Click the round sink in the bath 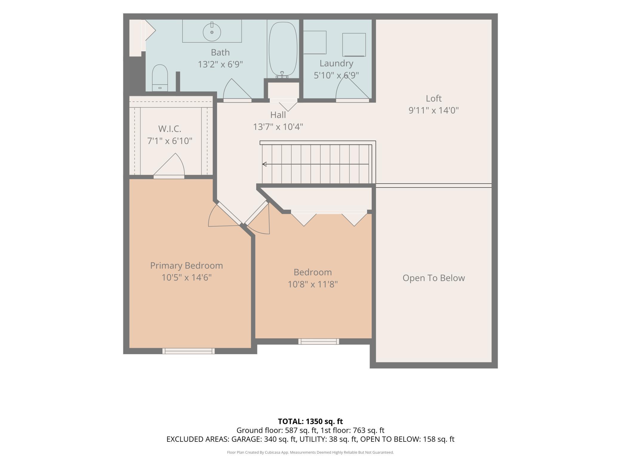pyautogui.click(x=212, y=32)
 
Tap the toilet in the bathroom pyautogui.click(x=160, y=78)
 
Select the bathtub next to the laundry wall pyautogui.click(x=283, y=49)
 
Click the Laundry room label pyautogui.click(x=336, y=63)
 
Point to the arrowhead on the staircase pyautogui.click(x=264, y=164)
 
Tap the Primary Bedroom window pyautogui.click(x=188, y=351)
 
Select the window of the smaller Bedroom pyautogui.click(x=319, y=341)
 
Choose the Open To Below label pyautogui.click(x=434, y=278)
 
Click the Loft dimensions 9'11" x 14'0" pyautogui.click(x=434, y=110)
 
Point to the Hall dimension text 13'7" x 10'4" pyautogui.click(x=278, y=127)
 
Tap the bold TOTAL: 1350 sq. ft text pyautogui.click(x=310, y=421)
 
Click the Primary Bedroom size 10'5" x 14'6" pyautogui.click(x=187, y=278)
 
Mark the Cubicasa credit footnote pyautogui.click(x=310, y=452)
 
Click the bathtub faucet pyautogui.click(x=282, y=75)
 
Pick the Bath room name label pyautogui.click(x=220, y=52)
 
